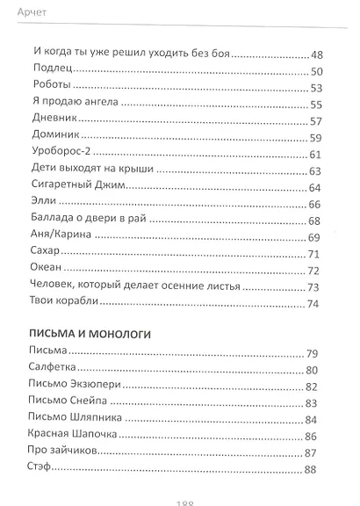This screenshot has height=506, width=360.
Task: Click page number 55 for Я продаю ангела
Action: point(317,104)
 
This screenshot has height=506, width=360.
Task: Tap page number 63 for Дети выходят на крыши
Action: point(317,170)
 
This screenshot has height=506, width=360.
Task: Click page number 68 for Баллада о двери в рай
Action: point(317,220)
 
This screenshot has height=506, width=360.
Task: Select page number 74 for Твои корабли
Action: point(317,303)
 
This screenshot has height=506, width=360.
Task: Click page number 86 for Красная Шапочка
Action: point(317,436)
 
